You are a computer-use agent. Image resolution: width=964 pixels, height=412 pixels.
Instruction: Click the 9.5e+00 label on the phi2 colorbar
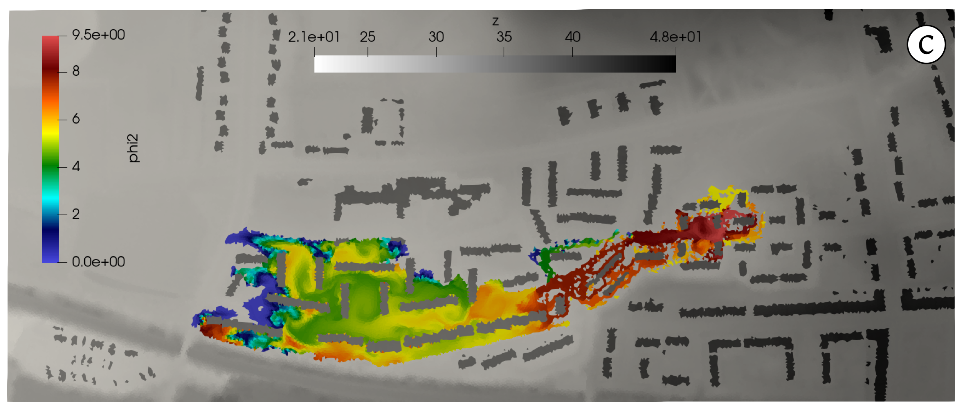[98, 35]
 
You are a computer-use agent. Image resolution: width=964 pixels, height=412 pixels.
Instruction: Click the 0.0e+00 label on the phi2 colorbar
[98, 262]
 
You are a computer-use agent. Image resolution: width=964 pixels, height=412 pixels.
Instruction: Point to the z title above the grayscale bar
[495, 21]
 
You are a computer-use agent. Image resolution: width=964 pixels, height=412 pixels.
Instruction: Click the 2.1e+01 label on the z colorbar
[313, 37]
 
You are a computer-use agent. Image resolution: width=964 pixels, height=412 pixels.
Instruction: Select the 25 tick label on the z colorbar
[367, 37]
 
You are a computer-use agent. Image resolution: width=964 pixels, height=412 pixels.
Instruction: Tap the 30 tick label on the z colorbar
[436, 37]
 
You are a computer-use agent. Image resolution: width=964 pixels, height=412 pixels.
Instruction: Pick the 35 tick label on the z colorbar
[504, 37]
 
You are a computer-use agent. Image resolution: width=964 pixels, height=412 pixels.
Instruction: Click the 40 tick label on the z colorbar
[572, 37]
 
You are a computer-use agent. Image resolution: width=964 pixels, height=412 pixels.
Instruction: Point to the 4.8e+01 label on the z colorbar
[675, 37]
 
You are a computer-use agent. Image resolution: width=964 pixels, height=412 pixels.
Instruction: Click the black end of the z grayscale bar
[670, 64]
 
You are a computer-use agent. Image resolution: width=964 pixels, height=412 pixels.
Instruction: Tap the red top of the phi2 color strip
[51, 41]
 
